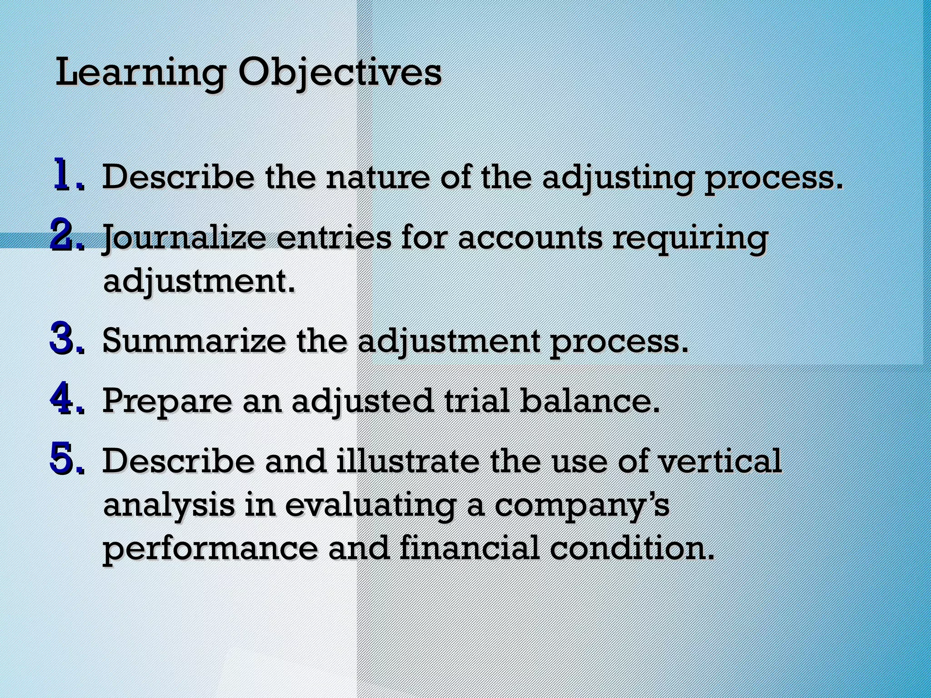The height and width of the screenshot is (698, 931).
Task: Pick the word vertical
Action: click(720, 461)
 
